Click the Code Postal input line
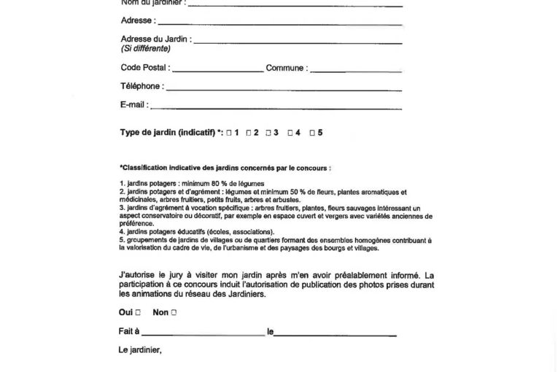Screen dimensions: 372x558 [217, 71]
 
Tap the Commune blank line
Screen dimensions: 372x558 [356, 71]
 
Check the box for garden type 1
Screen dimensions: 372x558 [228, 133]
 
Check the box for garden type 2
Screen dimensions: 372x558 [249, 133]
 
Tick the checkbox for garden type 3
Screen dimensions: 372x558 [268, 133]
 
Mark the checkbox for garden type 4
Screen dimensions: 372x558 [290, 133]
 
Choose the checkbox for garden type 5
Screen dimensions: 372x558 [311, 133]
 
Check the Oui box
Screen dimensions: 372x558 [137, 312]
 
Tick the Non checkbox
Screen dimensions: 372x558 [174, 312]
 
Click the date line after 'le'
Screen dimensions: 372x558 [336, 334]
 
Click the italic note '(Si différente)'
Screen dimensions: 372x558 [145, 49]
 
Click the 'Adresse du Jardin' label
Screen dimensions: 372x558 [154, 39]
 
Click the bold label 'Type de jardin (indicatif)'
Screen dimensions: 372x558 [167, 133]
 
